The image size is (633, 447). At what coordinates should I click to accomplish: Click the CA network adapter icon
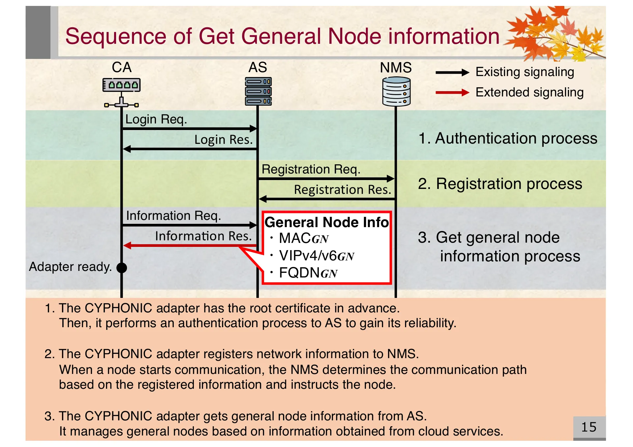121,92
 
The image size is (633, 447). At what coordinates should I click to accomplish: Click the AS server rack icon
258,91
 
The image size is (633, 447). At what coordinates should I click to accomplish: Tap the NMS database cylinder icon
396,92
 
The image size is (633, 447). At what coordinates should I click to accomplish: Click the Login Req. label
156,119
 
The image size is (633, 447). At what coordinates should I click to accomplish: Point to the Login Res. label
223,140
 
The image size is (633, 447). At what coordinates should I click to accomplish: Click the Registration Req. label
311,169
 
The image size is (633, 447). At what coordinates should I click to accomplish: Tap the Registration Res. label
342,190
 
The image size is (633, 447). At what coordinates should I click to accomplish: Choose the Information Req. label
173,216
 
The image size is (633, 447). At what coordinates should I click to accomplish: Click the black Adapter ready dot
122,268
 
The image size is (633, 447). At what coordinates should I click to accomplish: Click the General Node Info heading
326,222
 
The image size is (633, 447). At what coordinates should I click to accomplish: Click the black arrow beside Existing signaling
452,72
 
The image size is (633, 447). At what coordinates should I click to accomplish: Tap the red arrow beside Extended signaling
452,93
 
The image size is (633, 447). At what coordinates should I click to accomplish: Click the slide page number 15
588,427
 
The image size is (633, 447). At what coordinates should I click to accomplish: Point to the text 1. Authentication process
507,138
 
